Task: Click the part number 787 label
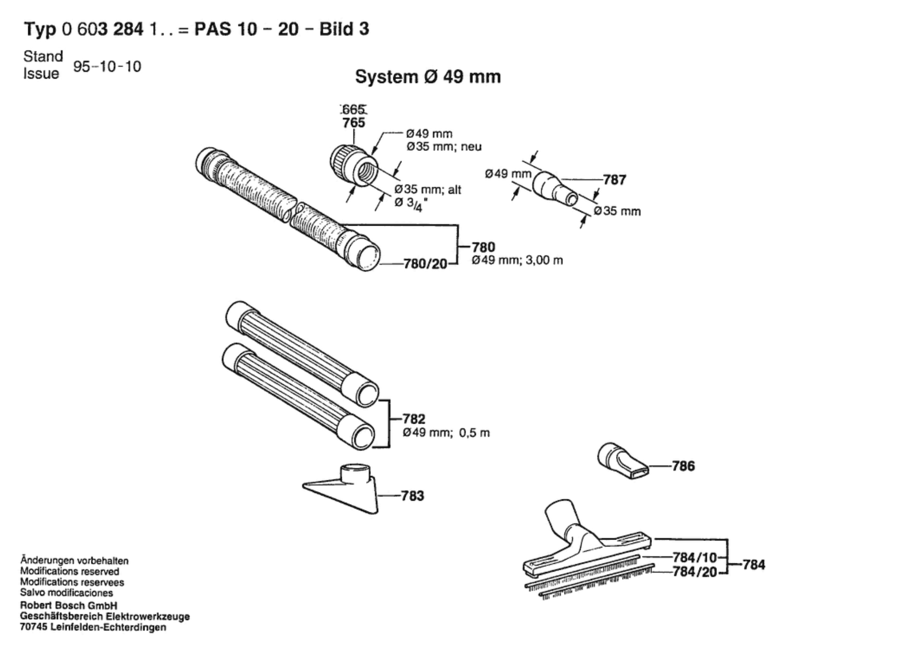[x=615, y=180]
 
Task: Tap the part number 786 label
[x=683, y=466]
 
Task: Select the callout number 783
[x=412, y=496]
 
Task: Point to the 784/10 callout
[x=695, y=557]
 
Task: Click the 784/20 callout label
[x=695, y=572]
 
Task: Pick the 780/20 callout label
[x=425, y=265]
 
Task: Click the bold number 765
[x=353, y=123]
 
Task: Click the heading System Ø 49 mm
[x=428, y=77]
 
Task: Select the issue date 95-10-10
[x=107, y=66]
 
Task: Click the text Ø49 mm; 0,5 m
[x=446, y=433]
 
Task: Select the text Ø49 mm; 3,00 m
[x=517, y=261]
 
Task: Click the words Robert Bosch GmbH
[x=68, y=606]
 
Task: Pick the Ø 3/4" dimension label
[x=408, y=204]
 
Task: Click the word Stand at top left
[x=43, y=56]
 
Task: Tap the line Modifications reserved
[x=69, y=572]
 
